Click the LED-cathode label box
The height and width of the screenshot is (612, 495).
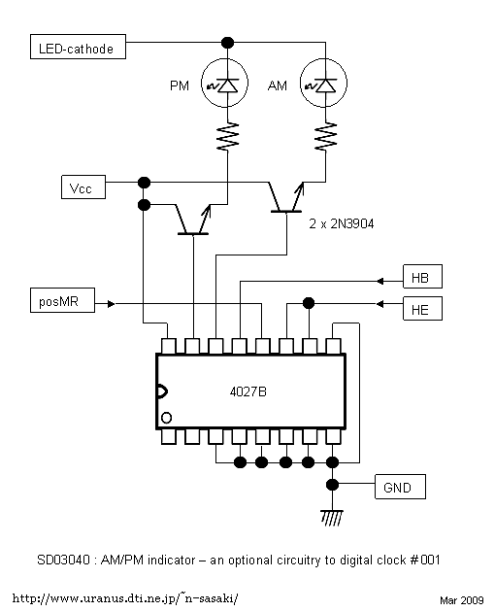point(78,47)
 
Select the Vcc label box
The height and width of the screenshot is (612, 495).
point(83,187)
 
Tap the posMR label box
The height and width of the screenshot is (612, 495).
point(62,300)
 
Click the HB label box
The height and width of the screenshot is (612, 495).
point(422,276)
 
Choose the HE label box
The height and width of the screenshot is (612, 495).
point(422,308)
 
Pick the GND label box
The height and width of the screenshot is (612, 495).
point(400,487)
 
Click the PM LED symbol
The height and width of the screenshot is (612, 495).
point(225,83)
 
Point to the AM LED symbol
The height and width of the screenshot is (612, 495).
point(324,83)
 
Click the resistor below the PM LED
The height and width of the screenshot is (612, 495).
point(227,136)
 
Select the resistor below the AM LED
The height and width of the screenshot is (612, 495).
point(326,136)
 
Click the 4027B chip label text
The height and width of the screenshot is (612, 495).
point(248,391)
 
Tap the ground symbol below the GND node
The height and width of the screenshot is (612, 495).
point(332,518)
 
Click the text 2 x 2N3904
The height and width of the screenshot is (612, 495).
point(342,223)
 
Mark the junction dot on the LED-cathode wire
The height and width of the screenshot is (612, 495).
point(227,42)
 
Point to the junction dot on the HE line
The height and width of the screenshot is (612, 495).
point(309,303)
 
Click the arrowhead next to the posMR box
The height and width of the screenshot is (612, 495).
point(112,303)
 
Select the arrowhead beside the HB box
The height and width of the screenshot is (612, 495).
point(380,281)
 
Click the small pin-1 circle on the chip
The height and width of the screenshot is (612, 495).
point(166,418)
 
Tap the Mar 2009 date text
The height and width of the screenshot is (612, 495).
point(462,600)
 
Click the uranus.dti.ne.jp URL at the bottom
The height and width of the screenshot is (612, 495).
point(125,598)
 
